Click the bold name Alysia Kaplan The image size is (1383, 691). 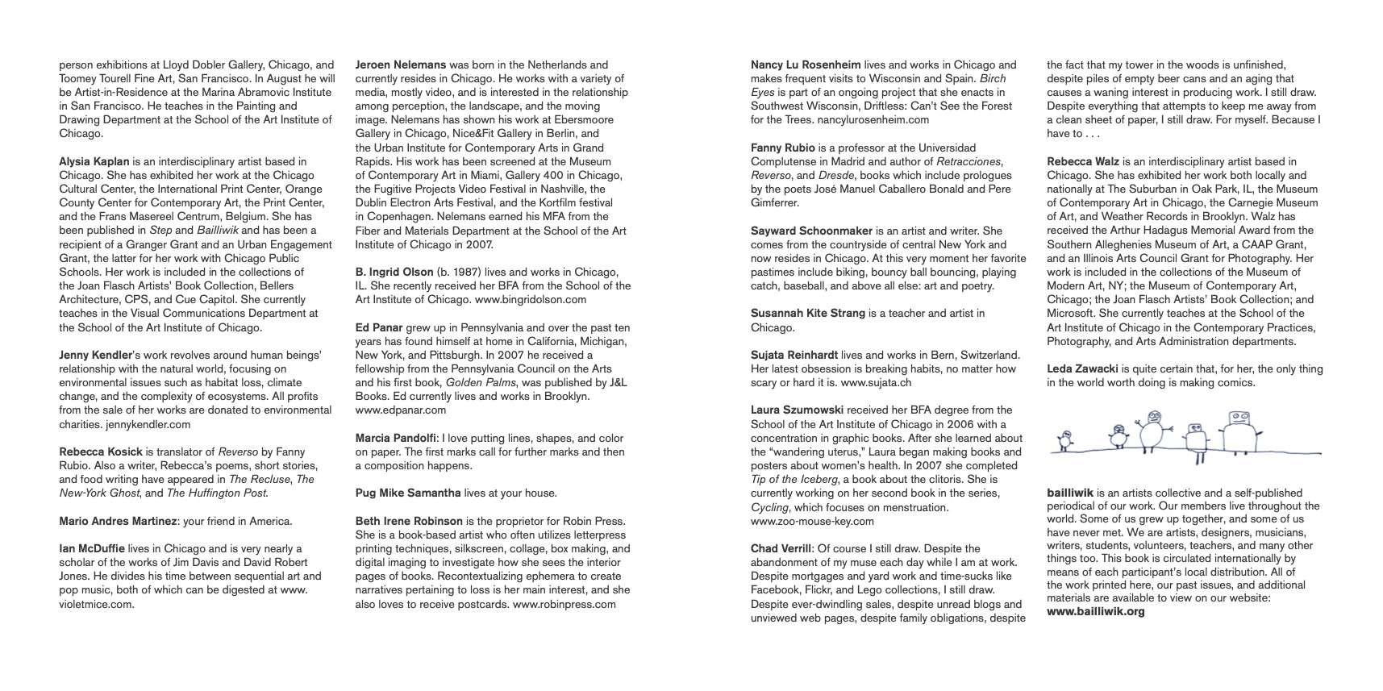point(94,161)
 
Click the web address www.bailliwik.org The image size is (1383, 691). point(1096,611)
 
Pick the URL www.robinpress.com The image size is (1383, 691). point(564,604)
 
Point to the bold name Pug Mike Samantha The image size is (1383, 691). point(408,493)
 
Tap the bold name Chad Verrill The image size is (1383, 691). point(781,548)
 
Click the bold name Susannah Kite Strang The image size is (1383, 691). point(808,313)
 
